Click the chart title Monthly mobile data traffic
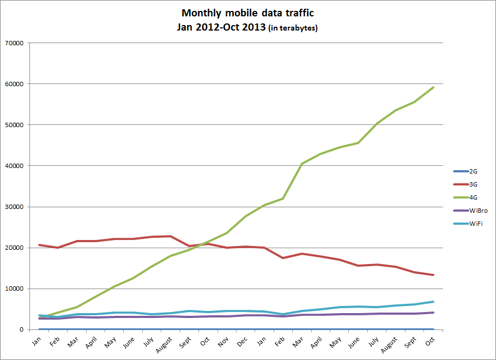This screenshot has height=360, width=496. pos(247,13)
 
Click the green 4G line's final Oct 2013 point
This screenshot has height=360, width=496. pos(433,87)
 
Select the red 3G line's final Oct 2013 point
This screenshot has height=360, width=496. pos(433,275)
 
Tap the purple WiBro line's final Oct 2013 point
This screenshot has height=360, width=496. pos(433,313)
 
